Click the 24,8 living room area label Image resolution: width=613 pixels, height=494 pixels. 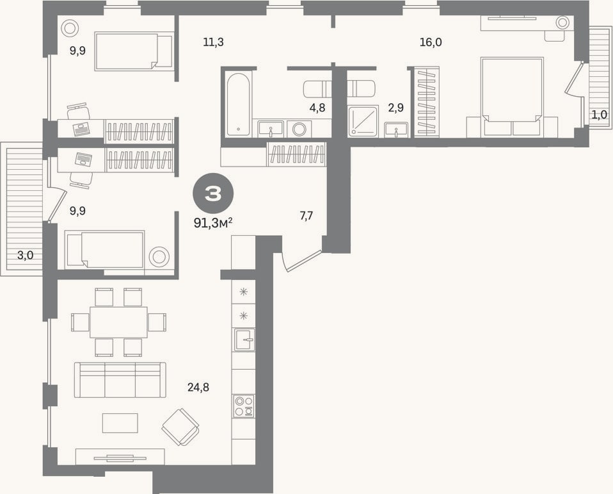click(198, 388)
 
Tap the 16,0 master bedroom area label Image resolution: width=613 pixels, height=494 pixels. click(431, 42)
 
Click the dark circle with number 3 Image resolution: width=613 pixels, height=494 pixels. click(213, 193)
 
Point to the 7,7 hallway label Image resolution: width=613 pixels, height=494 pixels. click(306, 215)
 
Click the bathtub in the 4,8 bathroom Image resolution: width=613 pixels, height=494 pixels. click(237, 104)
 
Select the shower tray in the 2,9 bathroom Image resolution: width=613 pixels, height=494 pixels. click(363, 121)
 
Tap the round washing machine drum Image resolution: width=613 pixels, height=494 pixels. click(300, 129)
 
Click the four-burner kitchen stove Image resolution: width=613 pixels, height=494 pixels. click(244, 406)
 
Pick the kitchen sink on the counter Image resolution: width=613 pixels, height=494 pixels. click(244, 340)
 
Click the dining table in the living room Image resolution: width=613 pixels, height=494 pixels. click(118, 322)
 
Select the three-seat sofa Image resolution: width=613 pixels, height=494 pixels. click(120, 380)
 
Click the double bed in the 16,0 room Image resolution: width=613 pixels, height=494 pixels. click(512, 97)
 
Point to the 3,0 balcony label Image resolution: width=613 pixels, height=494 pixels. click(25, 256)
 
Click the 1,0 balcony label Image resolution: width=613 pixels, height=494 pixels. click(599, 115)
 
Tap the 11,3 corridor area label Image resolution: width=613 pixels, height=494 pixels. click(213, 42)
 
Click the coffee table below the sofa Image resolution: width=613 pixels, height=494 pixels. click(120, 423)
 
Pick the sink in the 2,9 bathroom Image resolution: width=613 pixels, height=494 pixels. click(396, 130)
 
